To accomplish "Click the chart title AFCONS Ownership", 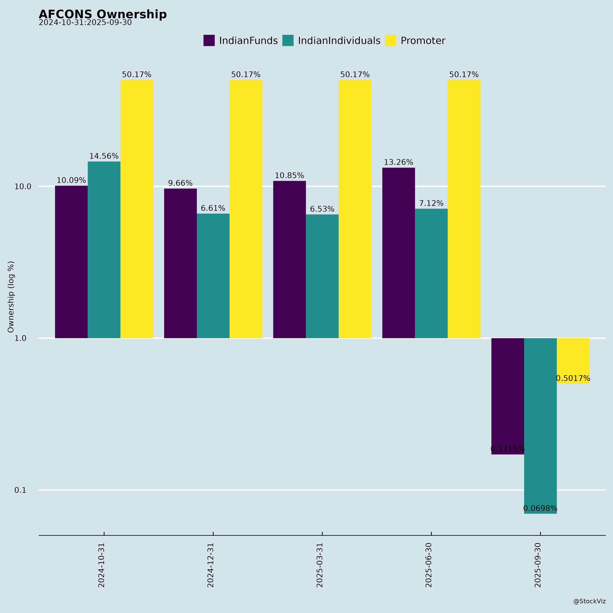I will point(103,14).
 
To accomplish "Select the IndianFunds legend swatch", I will point(209,41).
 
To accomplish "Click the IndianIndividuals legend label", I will point(339,41).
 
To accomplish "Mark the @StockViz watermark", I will point(589,601).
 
